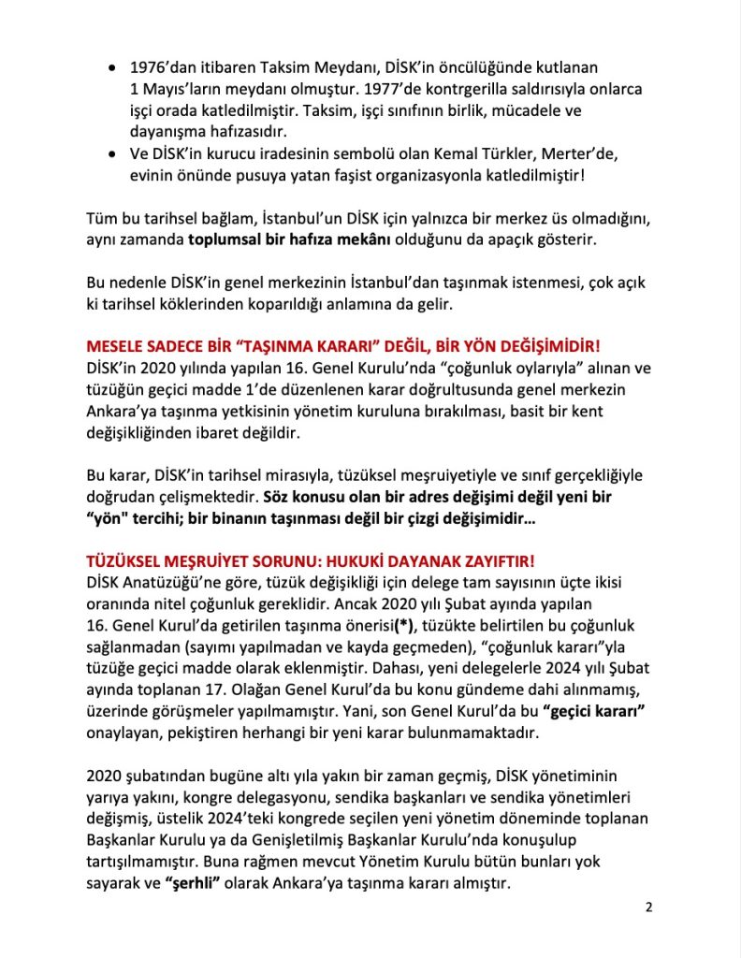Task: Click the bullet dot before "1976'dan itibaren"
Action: coord(113,68)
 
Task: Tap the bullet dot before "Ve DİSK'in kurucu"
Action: coord(113,154)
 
